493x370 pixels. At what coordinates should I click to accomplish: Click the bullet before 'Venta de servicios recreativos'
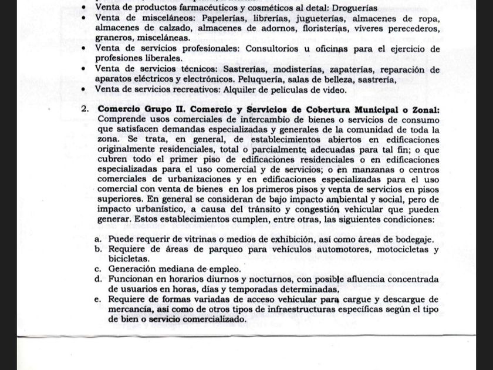[x=86, y=90]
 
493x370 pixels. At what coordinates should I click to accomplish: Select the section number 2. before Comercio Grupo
[x=85, y=109]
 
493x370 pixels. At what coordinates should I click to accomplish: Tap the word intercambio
[x=261, y=120]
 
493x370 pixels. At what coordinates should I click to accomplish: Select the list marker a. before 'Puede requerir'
[x=98, y=239]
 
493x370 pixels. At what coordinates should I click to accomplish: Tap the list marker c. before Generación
[x=98, y=268]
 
